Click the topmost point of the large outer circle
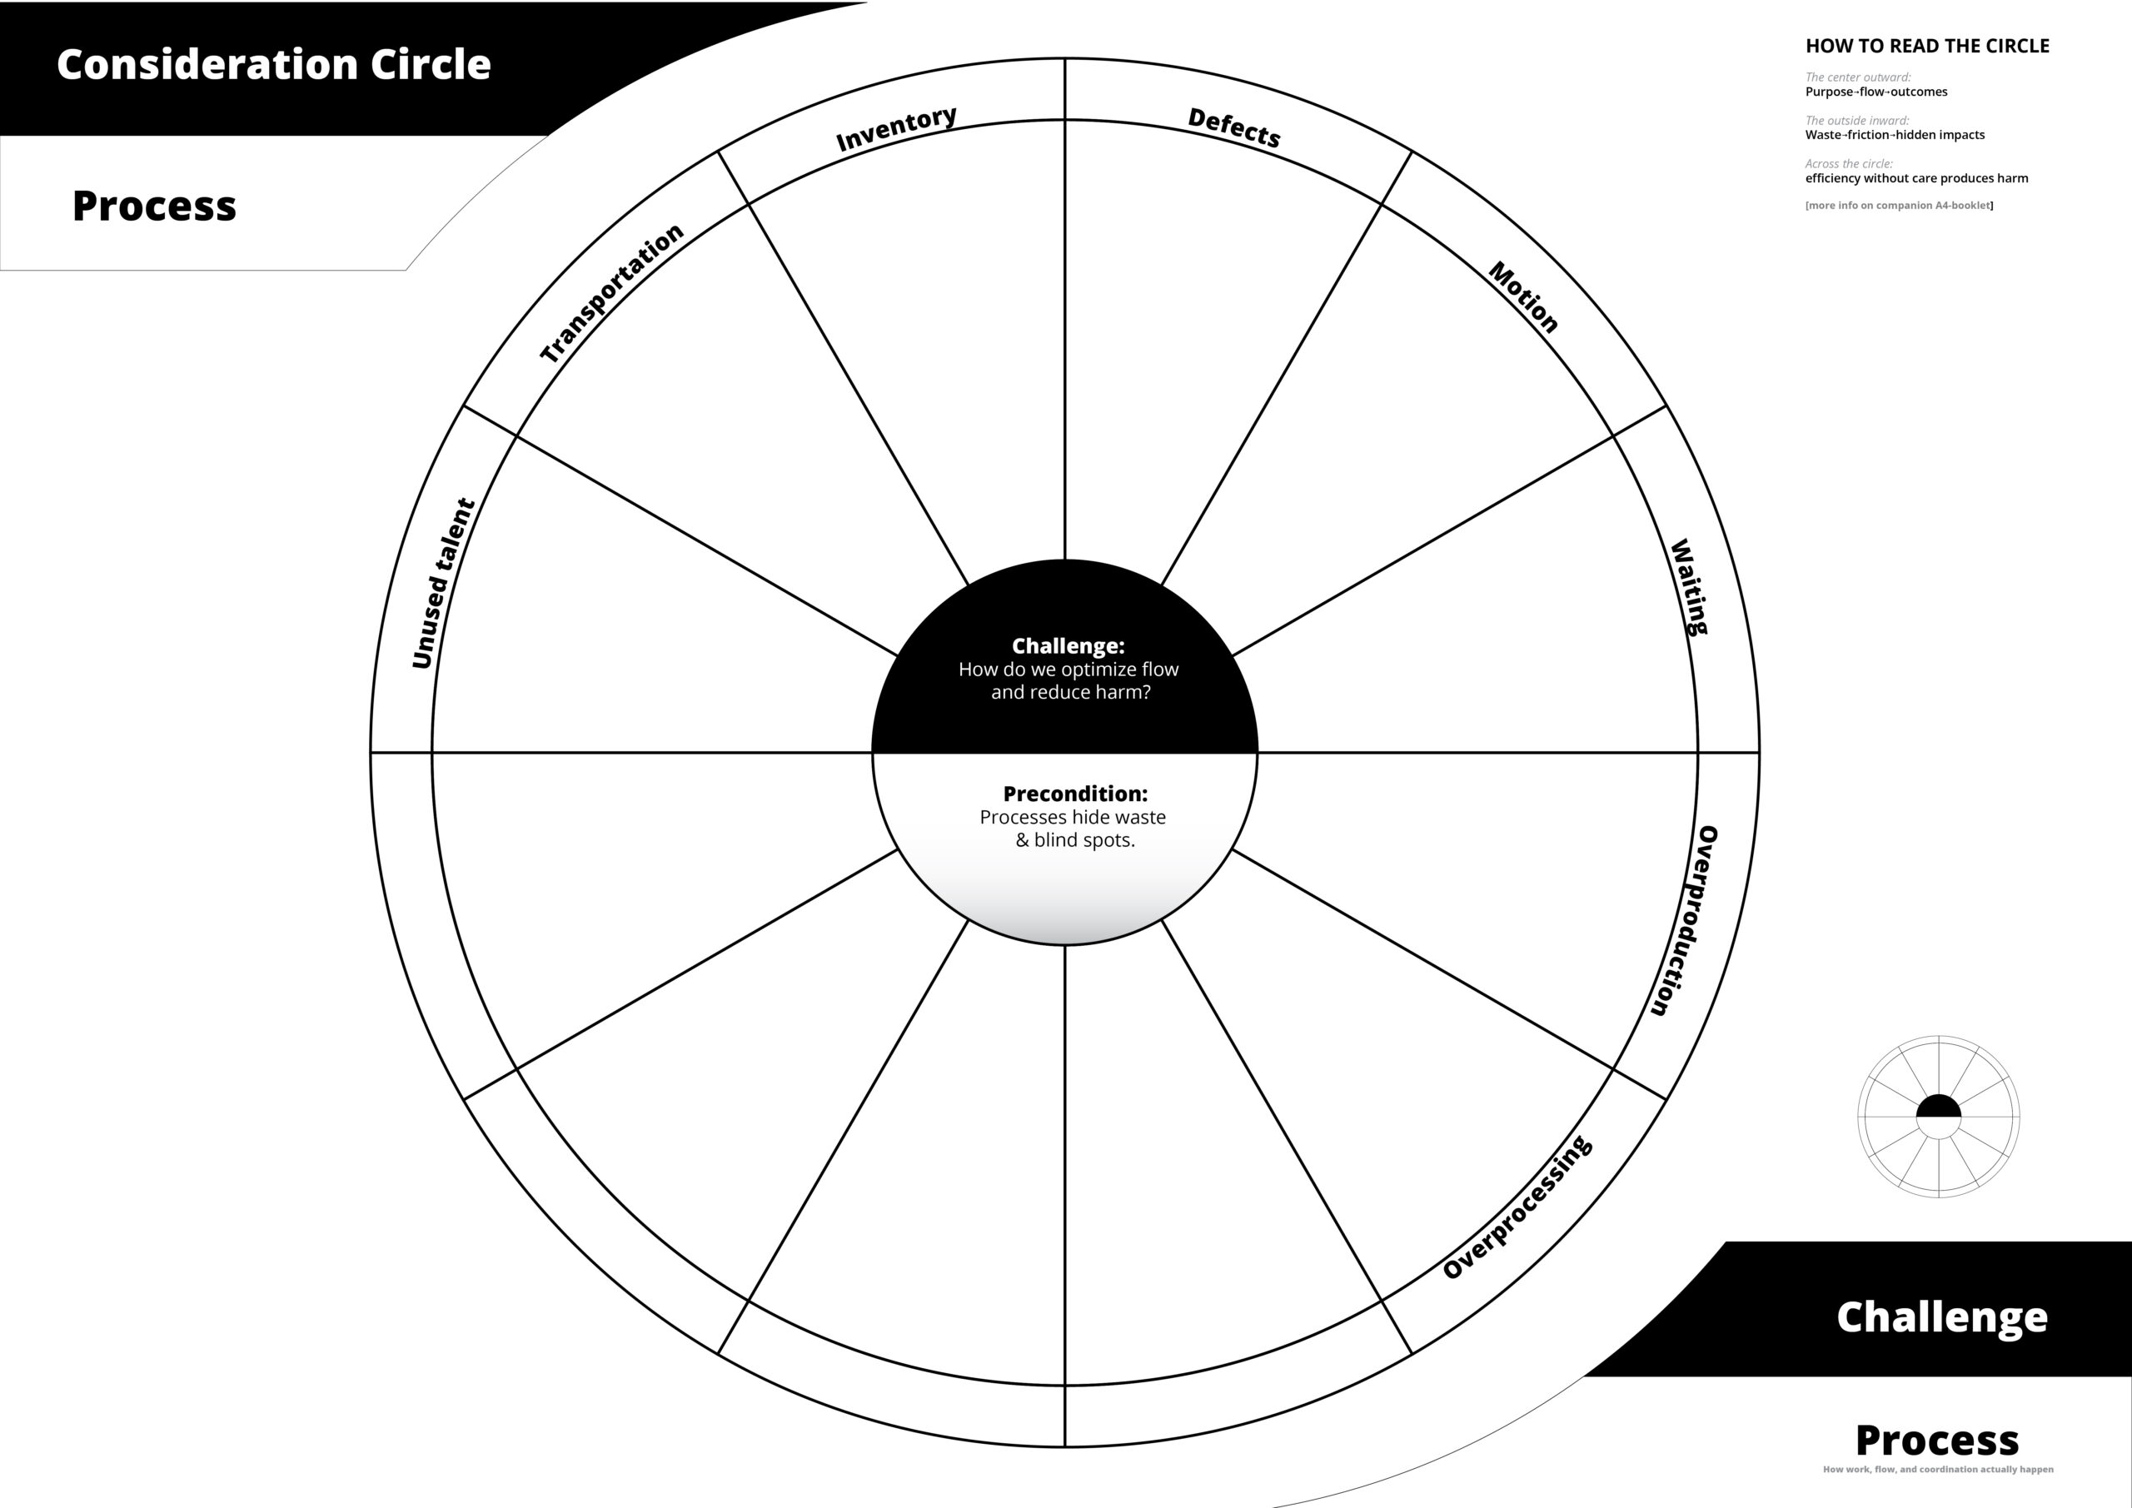pyautogui.click(x=1065, y=58)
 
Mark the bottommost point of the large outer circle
pyautogui.click(x=1065, y=1446)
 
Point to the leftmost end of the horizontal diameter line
pyautogui.click(x=371, y=752)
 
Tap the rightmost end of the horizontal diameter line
pyautogui.click(x=1760, y=752)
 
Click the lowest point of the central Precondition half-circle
pyautogui.click(x=1065, y=944)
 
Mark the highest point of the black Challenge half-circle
pyautogui.click(x=1065, y=560)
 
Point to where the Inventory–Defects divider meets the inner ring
pyautogui.click(x=1065, y=120)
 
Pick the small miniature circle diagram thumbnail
pyautogui.click(x=1939, y=1116)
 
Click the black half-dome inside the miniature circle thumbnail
pyautogui.click(x=1939, y=1106)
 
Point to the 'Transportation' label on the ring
pyautogui.click(x=612, y=293)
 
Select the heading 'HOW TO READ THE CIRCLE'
pyautogui.click(x=1927, y=47)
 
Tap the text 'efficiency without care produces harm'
pyautogui.click(x=1916, y=178)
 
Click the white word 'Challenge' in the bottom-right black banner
pyautogui.click(x=1941, y=1316)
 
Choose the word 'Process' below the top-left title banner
pyautogui.click(x=154, y=207)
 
